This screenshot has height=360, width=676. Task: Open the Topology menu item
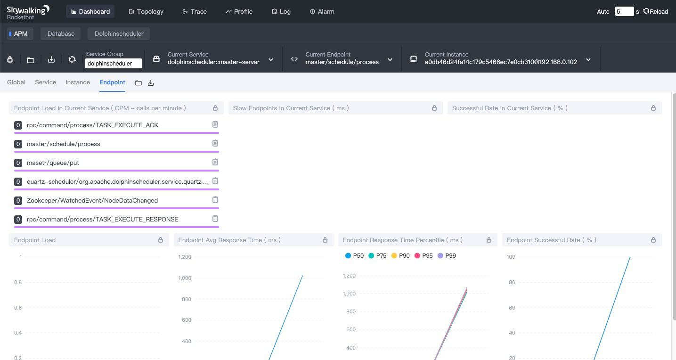click(146, 11)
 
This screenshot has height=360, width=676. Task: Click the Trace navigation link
click(195, 11)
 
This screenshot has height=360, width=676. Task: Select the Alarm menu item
click(322, 11)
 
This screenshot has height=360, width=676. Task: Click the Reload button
click(655, 11)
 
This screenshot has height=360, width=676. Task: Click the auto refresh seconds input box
click(624, 11)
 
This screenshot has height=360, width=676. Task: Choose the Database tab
click(61, 33)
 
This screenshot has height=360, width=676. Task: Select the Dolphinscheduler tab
click(119, 33)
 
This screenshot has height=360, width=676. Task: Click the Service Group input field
click(113, 63)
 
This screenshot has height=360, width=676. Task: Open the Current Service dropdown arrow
click(271, 60)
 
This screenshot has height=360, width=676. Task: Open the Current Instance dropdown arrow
click(588, 60)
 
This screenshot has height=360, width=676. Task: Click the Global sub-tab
click(16, 82)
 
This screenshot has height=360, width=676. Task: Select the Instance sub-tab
click(78, 82)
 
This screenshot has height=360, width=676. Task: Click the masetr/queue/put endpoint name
click(53, 163)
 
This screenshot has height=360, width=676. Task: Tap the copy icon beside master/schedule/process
click(215, 143)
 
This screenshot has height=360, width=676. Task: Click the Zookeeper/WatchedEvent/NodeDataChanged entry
click(92, 201)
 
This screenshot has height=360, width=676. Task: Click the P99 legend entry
click(447, 255)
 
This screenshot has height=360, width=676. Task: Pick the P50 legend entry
click(354, 255)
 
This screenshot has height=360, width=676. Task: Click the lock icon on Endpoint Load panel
click(161, 240)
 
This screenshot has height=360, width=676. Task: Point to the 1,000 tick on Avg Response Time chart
click(185, 278)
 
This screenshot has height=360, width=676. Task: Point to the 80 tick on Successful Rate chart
click(512, 282)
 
